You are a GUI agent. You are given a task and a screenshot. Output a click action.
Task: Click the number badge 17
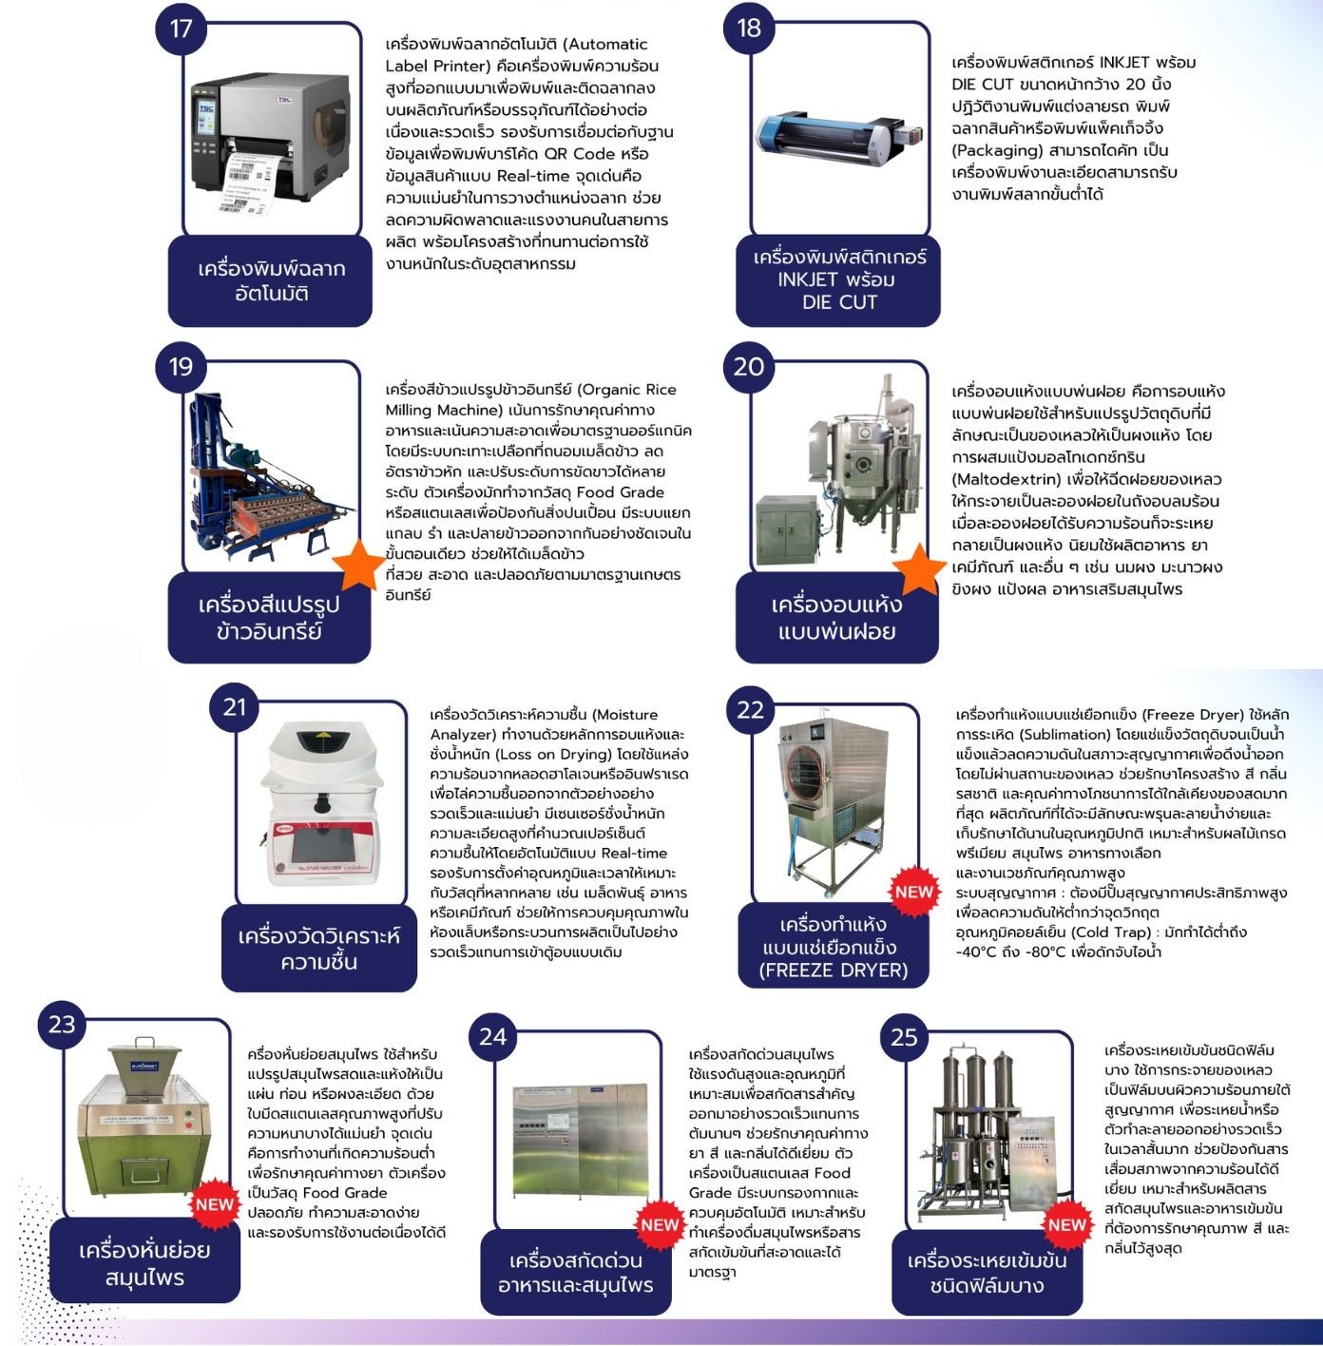pyautogui.click(x=181, y=29)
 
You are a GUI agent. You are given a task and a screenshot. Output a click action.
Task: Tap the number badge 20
pyautogui.click(x=749, y=367)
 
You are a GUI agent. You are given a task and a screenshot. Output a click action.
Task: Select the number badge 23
pyautogui.click(x=62, y=1025)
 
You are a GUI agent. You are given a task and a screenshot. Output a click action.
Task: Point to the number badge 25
pyautogui.click(x=904, y=1037)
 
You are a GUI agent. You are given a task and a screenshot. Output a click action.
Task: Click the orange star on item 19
pyautogui.click(x=359, y=565)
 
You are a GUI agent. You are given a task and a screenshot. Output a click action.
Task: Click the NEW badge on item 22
pyautogui.click(x=913, y=892)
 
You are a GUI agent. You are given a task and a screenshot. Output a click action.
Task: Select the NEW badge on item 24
pyautogui.click(x=660, y=1224)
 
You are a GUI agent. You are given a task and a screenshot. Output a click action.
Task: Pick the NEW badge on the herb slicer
pyautogui.click(x=215, y=1204)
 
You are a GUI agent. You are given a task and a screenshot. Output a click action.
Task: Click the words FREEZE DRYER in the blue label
pyautogui.click(x=833, y=971)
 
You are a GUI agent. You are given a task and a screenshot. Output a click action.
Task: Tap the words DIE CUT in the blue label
pyautogui.click(x=839, y=302)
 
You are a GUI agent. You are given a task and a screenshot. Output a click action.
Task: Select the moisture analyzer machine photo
pyautogui.click(x=320, y=804)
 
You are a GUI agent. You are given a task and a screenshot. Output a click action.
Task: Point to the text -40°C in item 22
pyautogui.click(x=977, y=952)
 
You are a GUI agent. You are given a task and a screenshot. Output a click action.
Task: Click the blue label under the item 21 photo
pyautogui.click(x=319, y=948)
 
